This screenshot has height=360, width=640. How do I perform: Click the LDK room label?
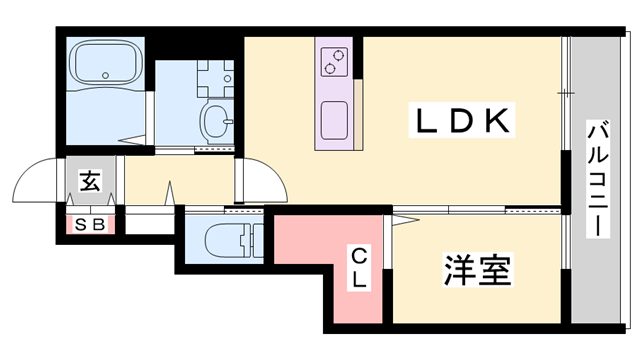464,122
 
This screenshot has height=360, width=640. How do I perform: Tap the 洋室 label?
477,270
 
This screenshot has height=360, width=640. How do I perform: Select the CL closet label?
358,268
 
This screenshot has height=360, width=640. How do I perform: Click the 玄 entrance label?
89,182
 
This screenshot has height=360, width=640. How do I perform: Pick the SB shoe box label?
90,224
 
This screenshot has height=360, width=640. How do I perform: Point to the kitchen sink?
333,119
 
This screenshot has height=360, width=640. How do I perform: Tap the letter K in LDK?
500,122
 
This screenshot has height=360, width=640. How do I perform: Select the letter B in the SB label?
98,224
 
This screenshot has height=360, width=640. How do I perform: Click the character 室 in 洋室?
494,270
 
